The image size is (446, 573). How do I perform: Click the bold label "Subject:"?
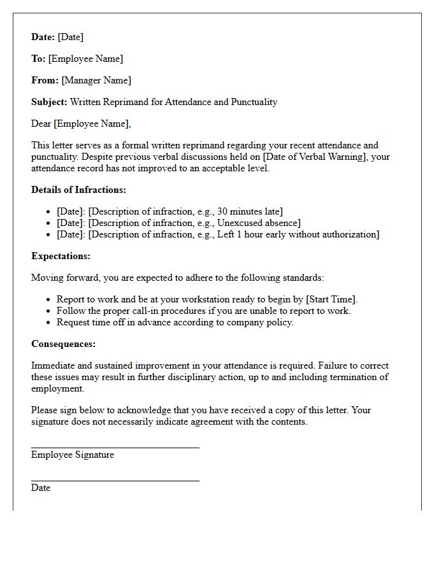pyautogui.click(x=49, y=102)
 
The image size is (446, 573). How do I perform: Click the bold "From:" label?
pyautogui.click(x=45, y=80)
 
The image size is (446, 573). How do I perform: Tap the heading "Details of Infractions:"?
pyautogui.click(x=78, y=190)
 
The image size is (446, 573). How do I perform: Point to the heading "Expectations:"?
pyautogui.click(x=61, y=256)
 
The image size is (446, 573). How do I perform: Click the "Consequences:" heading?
pyautogui.click(x=63, y=344)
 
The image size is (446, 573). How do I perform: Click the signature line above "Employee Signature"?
pyautogui.click(x=115, y=448)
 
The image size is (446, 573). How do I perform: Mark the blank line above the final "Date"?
pyautogui.click(x=115, y=481)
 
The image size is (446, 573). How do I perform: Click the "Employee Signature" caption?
pyautogui.click(x=73, y=455)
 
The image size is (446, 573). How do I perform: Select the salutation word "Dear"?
pyautogui.click(x=41, y=124)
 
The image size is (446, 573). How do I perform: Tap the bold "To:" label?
pyautogui.click(x=38, y=59)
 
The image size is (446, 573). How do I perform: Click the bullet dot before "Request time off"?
pyautogui.click(x=49, y=323)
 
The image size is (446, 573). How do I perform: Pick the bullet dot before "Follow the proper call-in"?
pyautogui.click(x=49, y=311)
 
